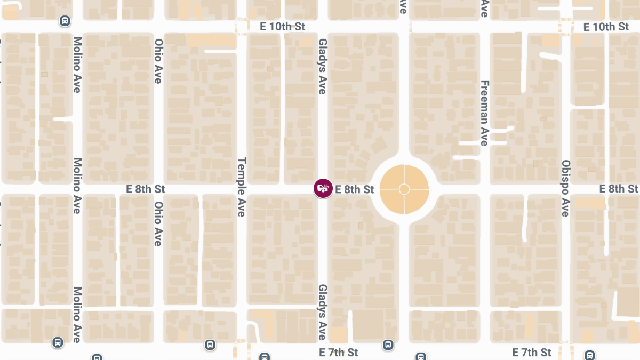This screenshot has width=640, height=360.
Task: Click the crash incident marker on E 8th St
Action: point(323,188)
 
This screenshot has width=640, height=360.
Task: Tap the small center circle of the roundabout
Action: point(404,189)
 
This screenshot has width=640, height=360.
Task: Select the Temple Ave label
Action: point(241,187)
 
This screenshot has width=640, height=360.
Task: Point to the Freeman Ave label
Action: point(484,113)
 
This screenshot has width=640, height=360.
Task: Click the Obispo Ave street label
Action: point(566,188)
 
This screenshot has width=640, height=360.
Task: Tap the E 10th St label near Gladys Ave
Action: point(282,27)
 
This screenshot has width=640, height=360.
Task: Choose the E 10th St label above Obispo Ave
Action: point(606,27)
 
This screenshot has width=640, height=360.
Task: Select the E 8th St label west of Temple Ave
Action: point(146,189)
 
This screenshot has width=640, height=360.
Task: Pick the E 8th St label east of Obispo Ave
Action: point(619,189)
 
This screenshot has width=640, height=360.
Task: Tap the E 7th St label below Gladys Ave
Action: point(339,353)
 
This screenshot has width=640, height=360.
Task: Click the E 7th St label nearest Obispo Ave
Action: point(532,353)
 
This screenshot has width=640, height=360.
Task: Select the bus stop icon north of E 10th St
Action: point(65,21)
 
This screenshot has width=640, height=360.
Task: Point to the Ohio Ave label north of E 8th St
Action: point(158,61)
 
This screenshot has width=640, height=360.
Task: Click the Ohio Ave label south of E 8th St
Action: point(158,223)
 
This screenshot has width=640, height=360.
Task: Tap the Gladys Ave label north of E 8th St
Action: point(322,66)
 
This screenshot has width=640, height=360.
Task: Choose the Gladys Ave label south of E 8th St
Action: point(322,312)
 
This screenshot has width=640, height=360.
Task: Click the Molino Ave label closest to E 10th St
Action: point(77,65)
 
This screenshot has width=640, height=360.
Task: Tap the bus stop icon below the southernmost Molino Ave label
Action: point(58,342)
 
